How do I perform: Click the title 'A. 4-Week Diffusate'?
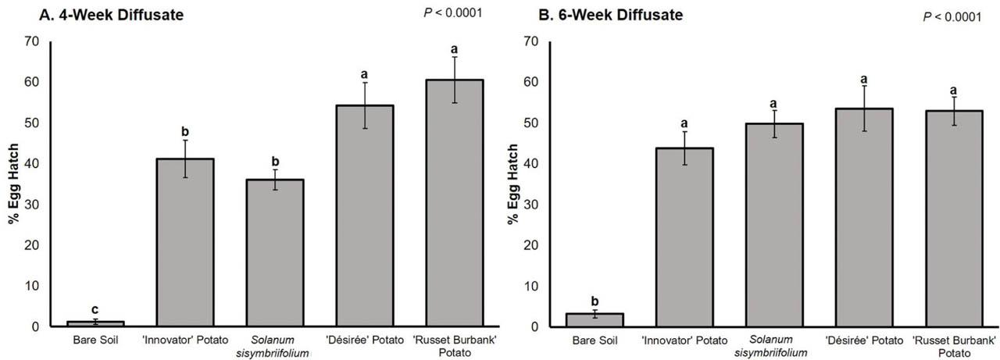click(x=95, y=13)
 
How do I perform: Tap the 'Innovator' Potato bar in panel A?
click(x=185, y=242)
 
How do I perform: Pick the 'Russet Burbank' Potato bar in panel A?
click(x=454, y=203)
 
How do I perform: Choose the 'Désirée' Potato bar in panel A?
click(x=364, y=216)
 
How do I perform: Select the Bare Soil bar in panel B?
click(x=595, y=319)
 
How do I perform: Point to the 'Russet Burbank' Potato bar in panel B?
click(x=953, y=219)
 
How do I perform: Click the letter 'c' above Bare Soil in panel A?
click(x=95, y=309)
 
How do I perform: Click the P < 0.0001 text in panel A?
click(x=452, y=12)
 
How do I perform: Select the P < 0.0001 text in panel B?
click(x=952, y=16)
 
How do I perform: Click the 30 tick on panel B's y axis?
click(x=531, y=205)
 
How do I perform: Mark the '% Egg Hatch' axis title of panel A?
click(x=13, y=184)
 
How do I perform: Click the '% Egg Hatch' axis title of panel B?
click(x=513, y=184)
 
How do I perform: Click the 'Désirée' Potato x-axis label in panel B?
click(x=863, y=340)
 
